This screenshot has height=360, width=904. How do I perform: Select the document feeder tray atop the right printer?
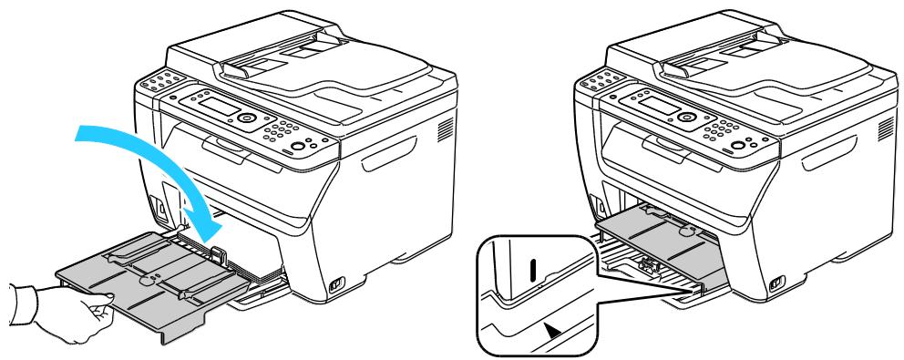click(738, 68)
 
